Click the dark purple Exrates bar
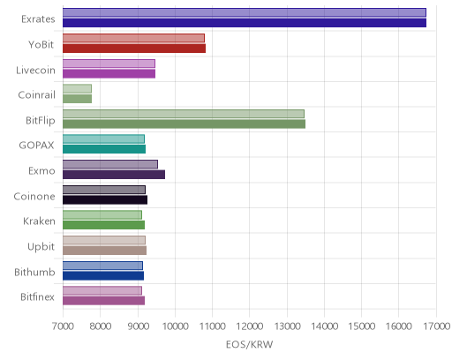click(245, 23)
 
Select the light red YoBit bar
click(133, 38)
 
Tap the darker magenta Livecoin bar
click(109, 73)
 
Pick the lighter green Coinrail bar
click(77, 88)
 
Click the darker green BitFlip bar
click(184, 124)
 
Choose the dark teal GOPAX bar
click(104, 149)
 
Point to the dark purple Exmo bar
click(114, 175)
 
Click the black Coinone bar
click(105, 199)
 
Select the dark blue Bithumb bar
click(103, 275)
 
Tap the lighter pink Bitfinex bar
click(102, 290)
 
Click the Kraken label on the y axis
click(39, 221)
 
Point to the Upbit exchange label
click(41, 247)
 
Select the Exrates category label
click(38, 19)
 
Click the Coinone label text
click(34, 196)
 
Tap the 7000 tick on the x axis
click(63, 326)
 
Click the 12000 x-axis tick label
click(250, 326)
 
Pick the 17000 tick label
click(437, 326)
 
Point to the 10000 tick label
click(175, 326)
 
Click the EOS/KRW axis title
click(250, 344)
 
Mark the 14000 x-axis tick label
click(324, 326)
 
